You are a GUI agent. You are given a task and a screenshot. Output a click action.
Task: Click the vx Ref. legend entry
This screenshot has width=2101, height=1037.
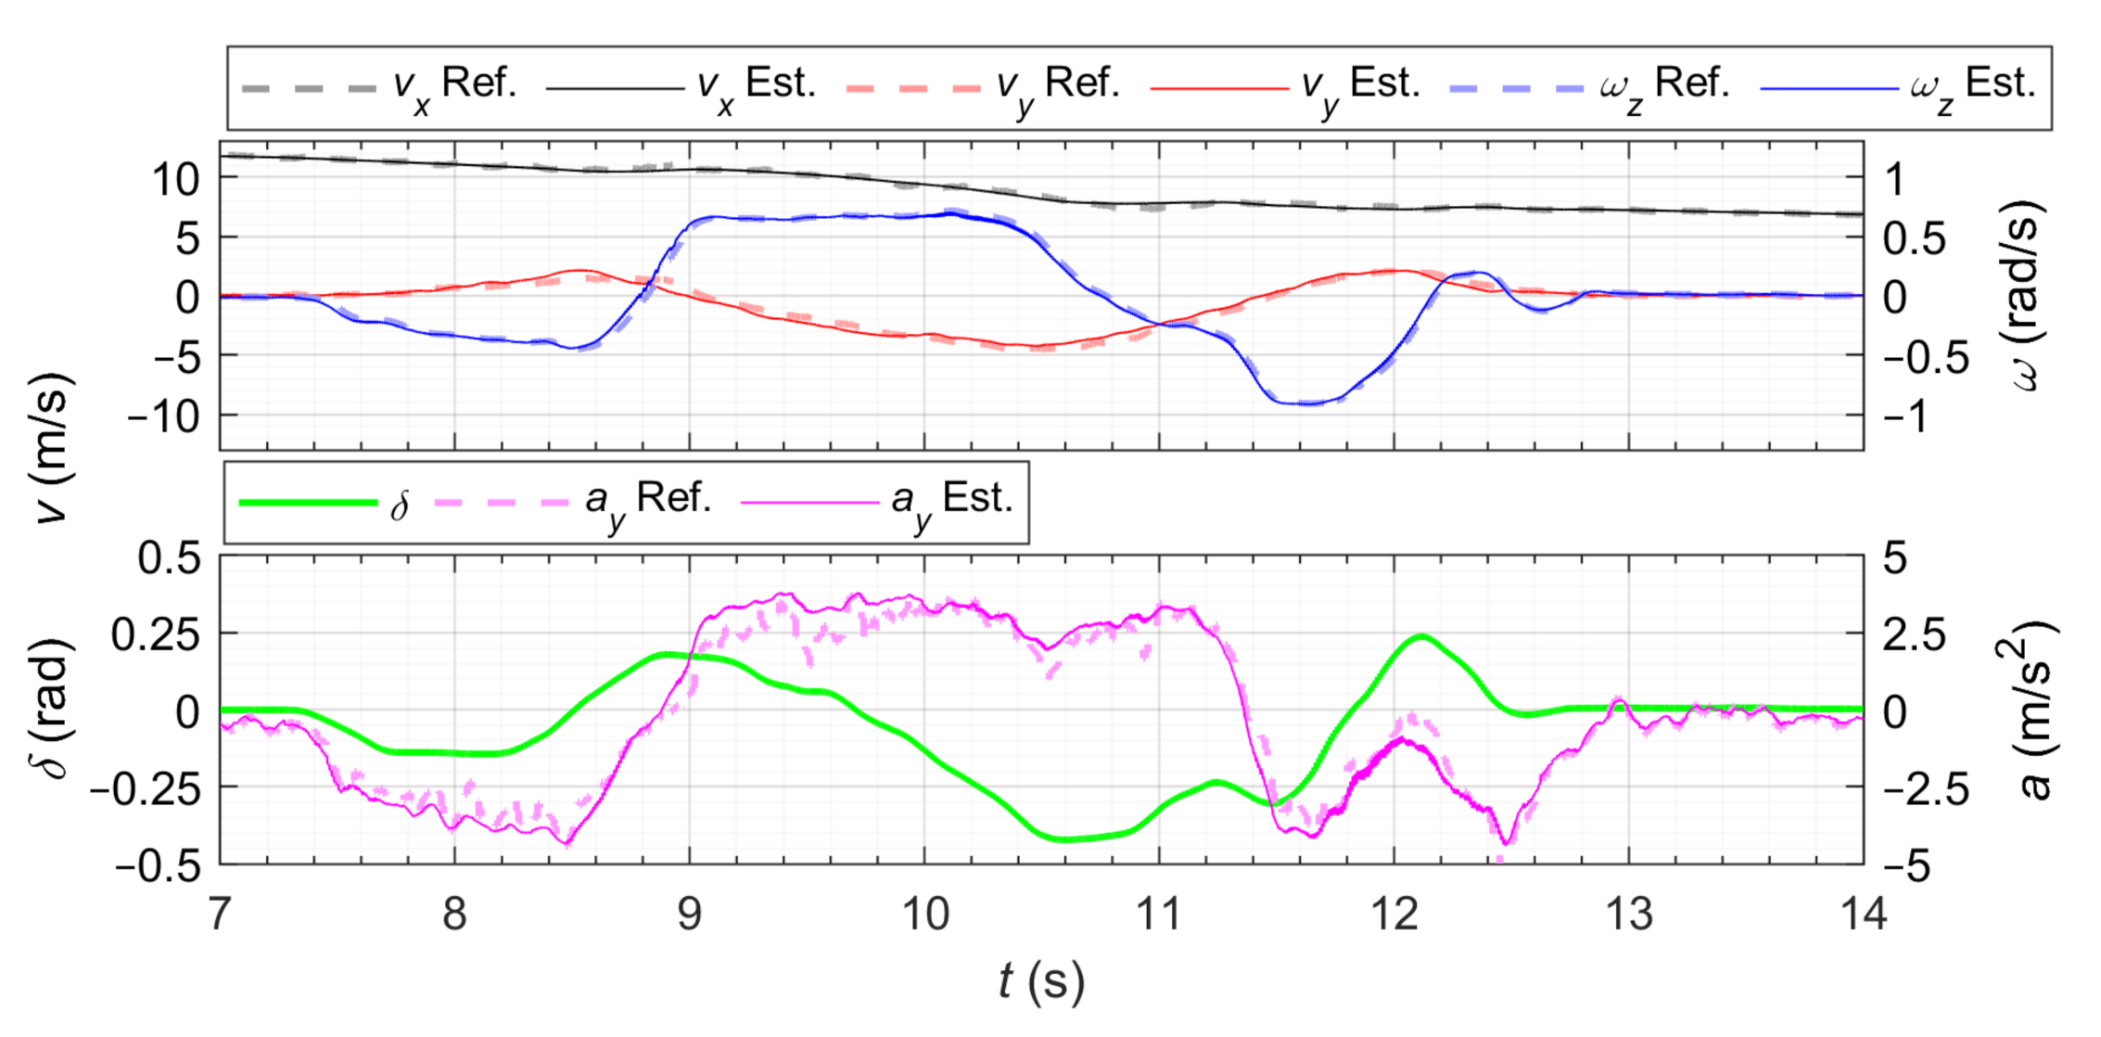[x=378, y=85]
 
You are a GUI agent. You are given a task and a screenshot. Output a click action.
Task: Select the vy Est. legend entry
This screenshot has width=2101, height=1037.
[x=1285, y=85]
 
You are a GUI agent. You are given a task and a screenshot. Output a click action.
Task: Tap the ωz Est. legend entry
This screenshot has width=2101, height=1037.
[x=1897, y=85]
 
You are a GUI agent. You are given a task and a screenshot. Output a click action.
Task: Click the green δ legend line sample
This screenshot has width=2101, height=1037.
[x=309, y=503]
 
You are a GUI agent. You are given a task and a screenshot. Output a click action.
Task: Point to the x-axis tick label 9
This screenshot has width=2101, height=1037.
[x=689, y=915]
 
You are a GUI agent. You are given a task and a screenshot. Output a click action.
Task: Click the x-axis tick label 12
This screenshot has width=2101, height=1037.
[x=1394, y=915]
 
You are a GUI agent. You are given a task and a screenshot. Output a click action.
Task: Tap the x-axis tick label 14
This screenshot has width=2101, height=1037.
[x=1863, y=915]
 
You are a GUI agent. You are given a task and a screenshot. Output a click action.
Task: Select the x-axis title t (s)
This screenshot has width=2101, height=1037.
[x=1041, y=981]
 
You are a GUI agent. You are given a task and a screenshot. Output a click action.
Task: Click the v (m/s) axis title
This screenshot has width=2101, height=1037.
[x=54, y=447]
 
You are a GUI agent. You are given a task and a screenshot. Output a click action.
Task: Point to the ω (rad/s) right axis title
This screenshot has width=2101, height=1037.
[x=2031, y=295]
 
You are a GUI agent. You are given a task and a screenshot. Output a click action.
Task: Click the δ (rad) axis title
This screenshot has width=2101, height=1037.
[x=54, y=709]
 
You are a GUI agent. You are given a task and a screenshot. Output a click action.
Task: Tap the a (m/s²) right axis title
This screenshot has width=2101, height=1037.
[x=2032, y=711]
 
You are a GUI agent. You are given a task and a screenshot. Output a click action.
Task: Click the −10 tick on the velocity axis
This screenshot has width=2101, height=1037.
[x=164, y=416]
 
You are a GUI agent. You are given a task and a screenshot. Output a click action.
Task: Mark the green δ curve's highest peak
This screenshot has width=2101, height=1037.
[x=1422, y=636]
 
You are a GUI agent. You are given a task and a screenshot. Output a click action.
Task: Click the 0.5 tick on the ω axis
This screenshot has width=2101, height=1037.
[x=1914, y=238]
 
